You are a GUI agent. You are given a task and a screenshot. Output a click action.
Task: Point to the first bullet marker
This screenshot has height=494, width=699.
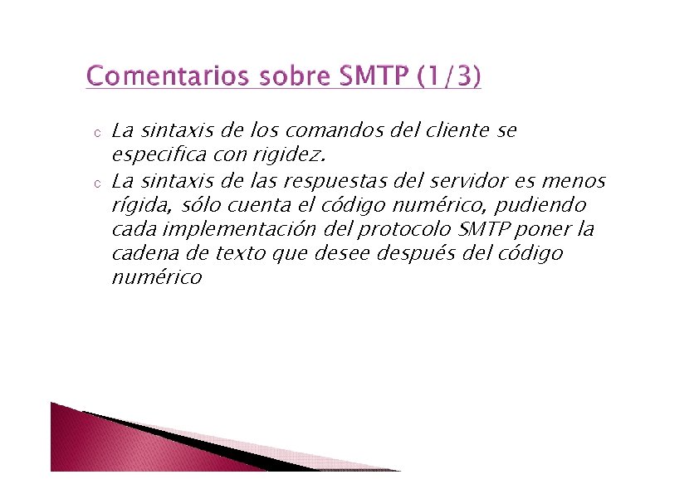click(96, 133)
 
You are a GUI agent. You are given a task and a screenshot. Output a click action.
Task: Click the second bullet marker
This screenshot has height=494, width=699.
click(96, 183)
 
